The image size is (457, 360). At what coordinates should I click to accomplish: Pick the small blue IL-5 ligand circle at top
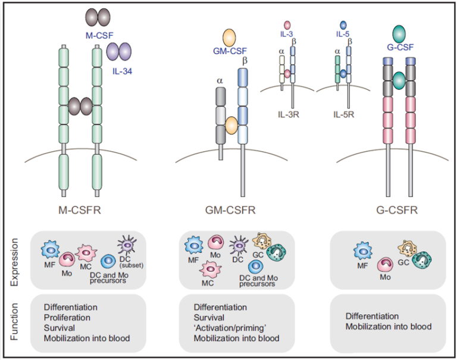click(x=343, y=24)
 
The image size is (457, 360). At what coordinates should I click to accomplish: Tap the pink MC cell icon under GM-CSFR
click(x=209, y=268)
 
